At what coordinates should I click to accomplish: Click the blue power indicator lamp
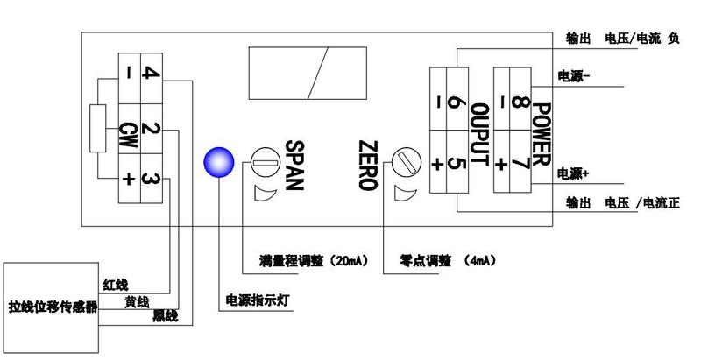(x=216, y=161)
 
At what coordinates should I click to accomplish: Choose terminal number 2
(x=149, y=132)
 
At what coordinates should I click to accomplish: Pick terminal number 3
(x=149, y=179)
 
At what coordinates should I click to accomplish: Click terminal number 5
(x=455, y=163)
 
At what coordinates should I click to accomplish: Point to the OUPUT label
(x=478, y=133)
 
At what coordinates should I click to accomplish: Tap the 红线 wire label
(x=115, y=284)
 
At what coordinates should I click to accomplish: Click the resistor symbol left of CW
(x=99, y=131)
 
